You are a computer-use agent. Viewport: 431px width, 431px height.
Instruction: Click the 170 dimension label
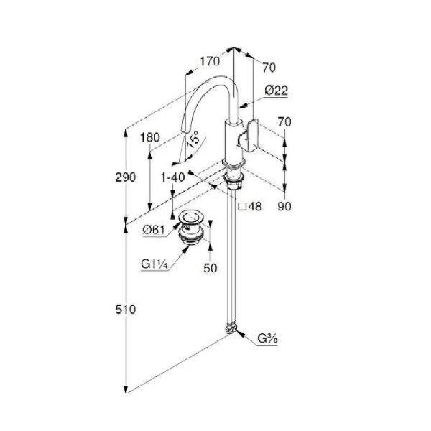(x=210, y=61)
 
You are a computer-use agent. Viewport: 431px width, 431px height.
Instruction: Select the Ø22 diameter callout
(x=277, y=91)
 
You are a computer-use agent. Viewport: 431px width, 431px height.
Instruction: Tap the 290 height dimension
(x=126, y=177)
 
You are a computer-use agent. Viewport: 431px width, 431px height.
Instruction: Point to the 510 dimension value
(x=126, y=310)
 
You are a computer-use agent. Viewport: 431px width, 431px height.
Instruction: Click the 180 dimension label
(x=150, y=137)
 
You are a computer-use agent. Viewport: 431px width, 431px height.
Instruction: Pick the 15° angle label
(x=193, y=139)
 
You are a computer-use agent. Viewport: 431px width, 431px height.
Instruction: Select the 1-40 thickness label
(x=172, y=177)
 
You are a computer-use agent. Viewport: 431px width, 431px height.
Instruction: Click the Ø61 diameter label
(x=154, y=230)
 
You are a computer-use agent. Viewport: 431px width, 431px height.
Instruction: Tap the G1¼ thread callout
(x=154, y=264)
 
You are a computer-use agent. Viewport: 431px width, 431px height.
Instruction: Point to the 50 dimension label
(x=210, y=268)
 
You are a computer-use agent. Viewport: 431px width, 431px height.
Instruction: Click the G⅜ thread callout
(x=267, y=338)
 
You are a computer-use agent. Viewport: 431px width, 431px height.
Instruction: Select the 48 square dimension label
(x=255, y=206)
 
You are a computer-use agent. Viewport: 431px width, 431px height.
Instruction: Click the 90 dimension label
(x=284, y=206)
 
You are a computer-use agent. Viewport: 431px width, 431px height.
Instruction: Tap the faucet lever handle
(x=249, y=135)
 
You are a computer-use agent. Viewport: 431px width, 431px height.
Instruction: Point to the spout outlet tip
(x=184, y=132)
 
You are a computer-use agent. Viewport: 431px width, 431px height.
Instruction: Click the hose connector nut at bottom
(x=231, y=329)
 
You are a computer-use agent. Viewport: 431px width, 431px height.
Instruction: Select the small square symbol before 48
(x=243, y=206)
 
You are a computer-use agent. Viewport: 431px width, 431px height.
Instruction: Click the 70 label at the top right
(x=269, y=68)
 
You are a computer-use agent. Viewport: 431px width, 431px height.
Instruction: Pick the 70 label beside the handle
(x=284, y=122)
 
